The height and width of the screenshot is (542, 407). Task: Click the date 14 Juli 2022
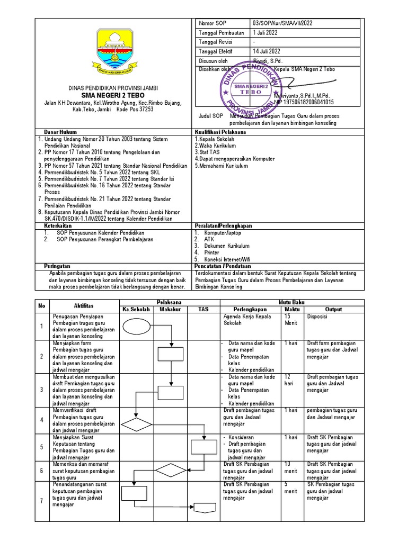click(267, 51)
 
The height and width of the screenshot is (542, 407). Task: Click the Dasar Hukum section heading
click(61, 131)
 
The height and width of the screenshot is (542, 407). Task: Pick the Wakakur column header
click(171, 309)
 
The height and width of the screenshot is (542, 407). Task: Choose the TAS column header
click(203, 309)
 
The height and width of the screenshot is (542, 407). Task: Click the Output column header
click(333, 309)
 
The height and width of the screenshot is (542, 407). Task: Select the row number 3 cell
click(41, 389)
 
